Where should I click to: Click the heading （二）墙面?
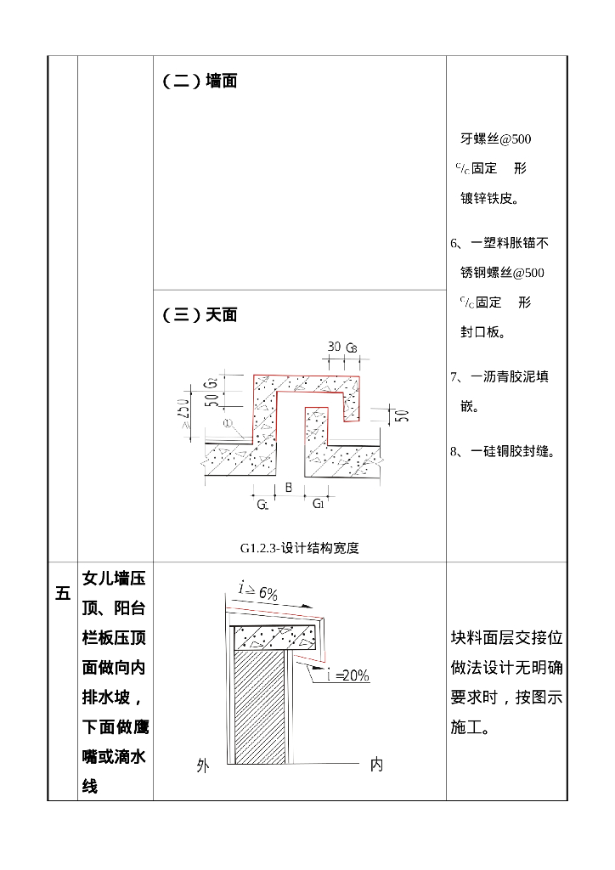click(200, 82)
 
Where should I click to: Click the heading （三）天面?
click(200, 315)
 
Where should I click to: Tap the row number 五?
click(63, 594)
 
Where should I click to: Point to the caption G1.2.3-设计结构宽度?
click(299, 548)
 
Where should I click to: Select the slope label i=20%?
click(348, 675)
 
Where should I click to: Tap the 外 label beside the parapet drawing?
click(202, 765)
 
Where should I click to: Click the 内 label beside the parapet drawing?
click(376, 765)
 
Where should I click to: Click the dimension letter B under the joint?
click(289, 489)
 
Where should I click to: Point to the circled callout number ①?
click(227, 423)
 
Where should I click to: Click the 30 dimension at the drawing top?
click(334, 347)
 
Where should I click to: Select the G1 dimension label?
click(318, 504)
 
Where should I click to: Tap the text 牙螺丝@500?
click(496, 138)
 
